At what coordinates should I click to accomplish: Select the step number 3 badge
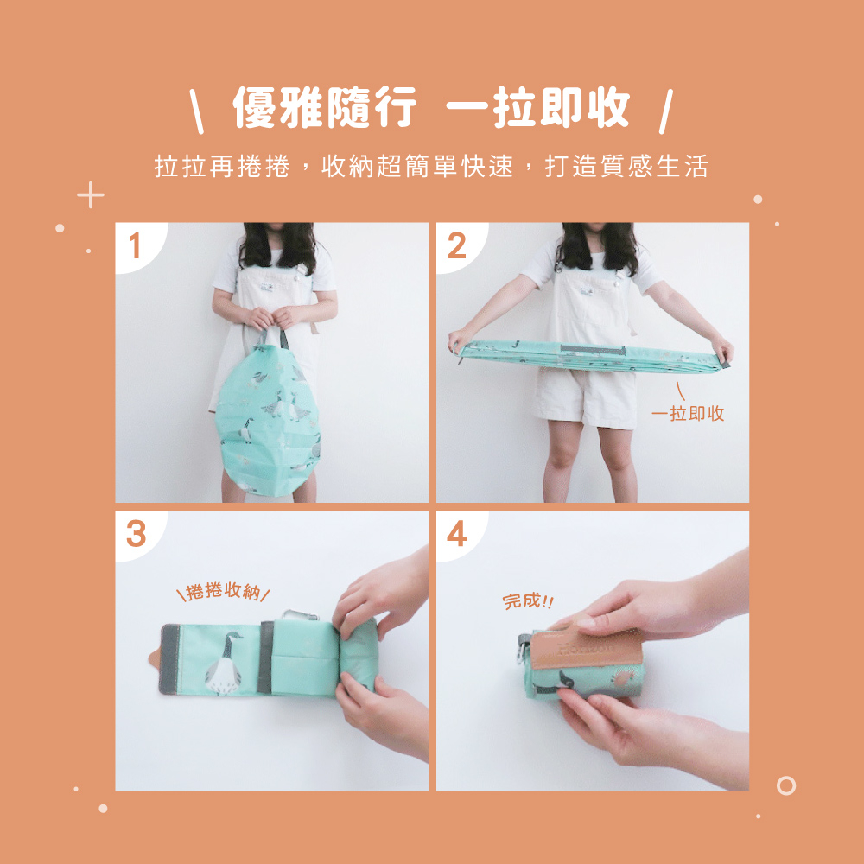137,533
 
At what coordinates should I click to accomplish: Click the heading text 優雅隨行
325,107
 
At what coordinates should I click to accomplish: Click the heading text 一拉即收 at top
537,107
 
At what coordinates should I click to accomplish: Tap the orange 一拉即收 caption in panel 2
688,413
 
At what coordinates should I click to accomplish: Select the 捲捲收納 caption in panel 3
223,591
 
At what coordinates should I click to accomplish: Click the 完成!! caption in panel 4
528,600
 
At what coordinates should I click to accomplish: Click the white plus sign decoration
91,195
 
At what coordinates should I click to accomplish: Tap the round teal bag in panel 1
269,420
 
